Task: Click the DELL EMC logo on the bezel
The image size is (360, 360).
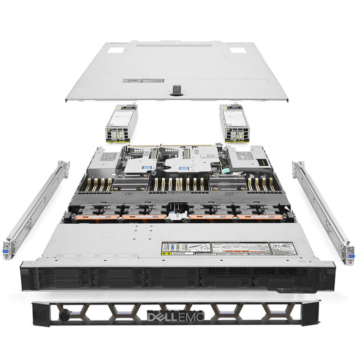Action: [175, 317]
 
